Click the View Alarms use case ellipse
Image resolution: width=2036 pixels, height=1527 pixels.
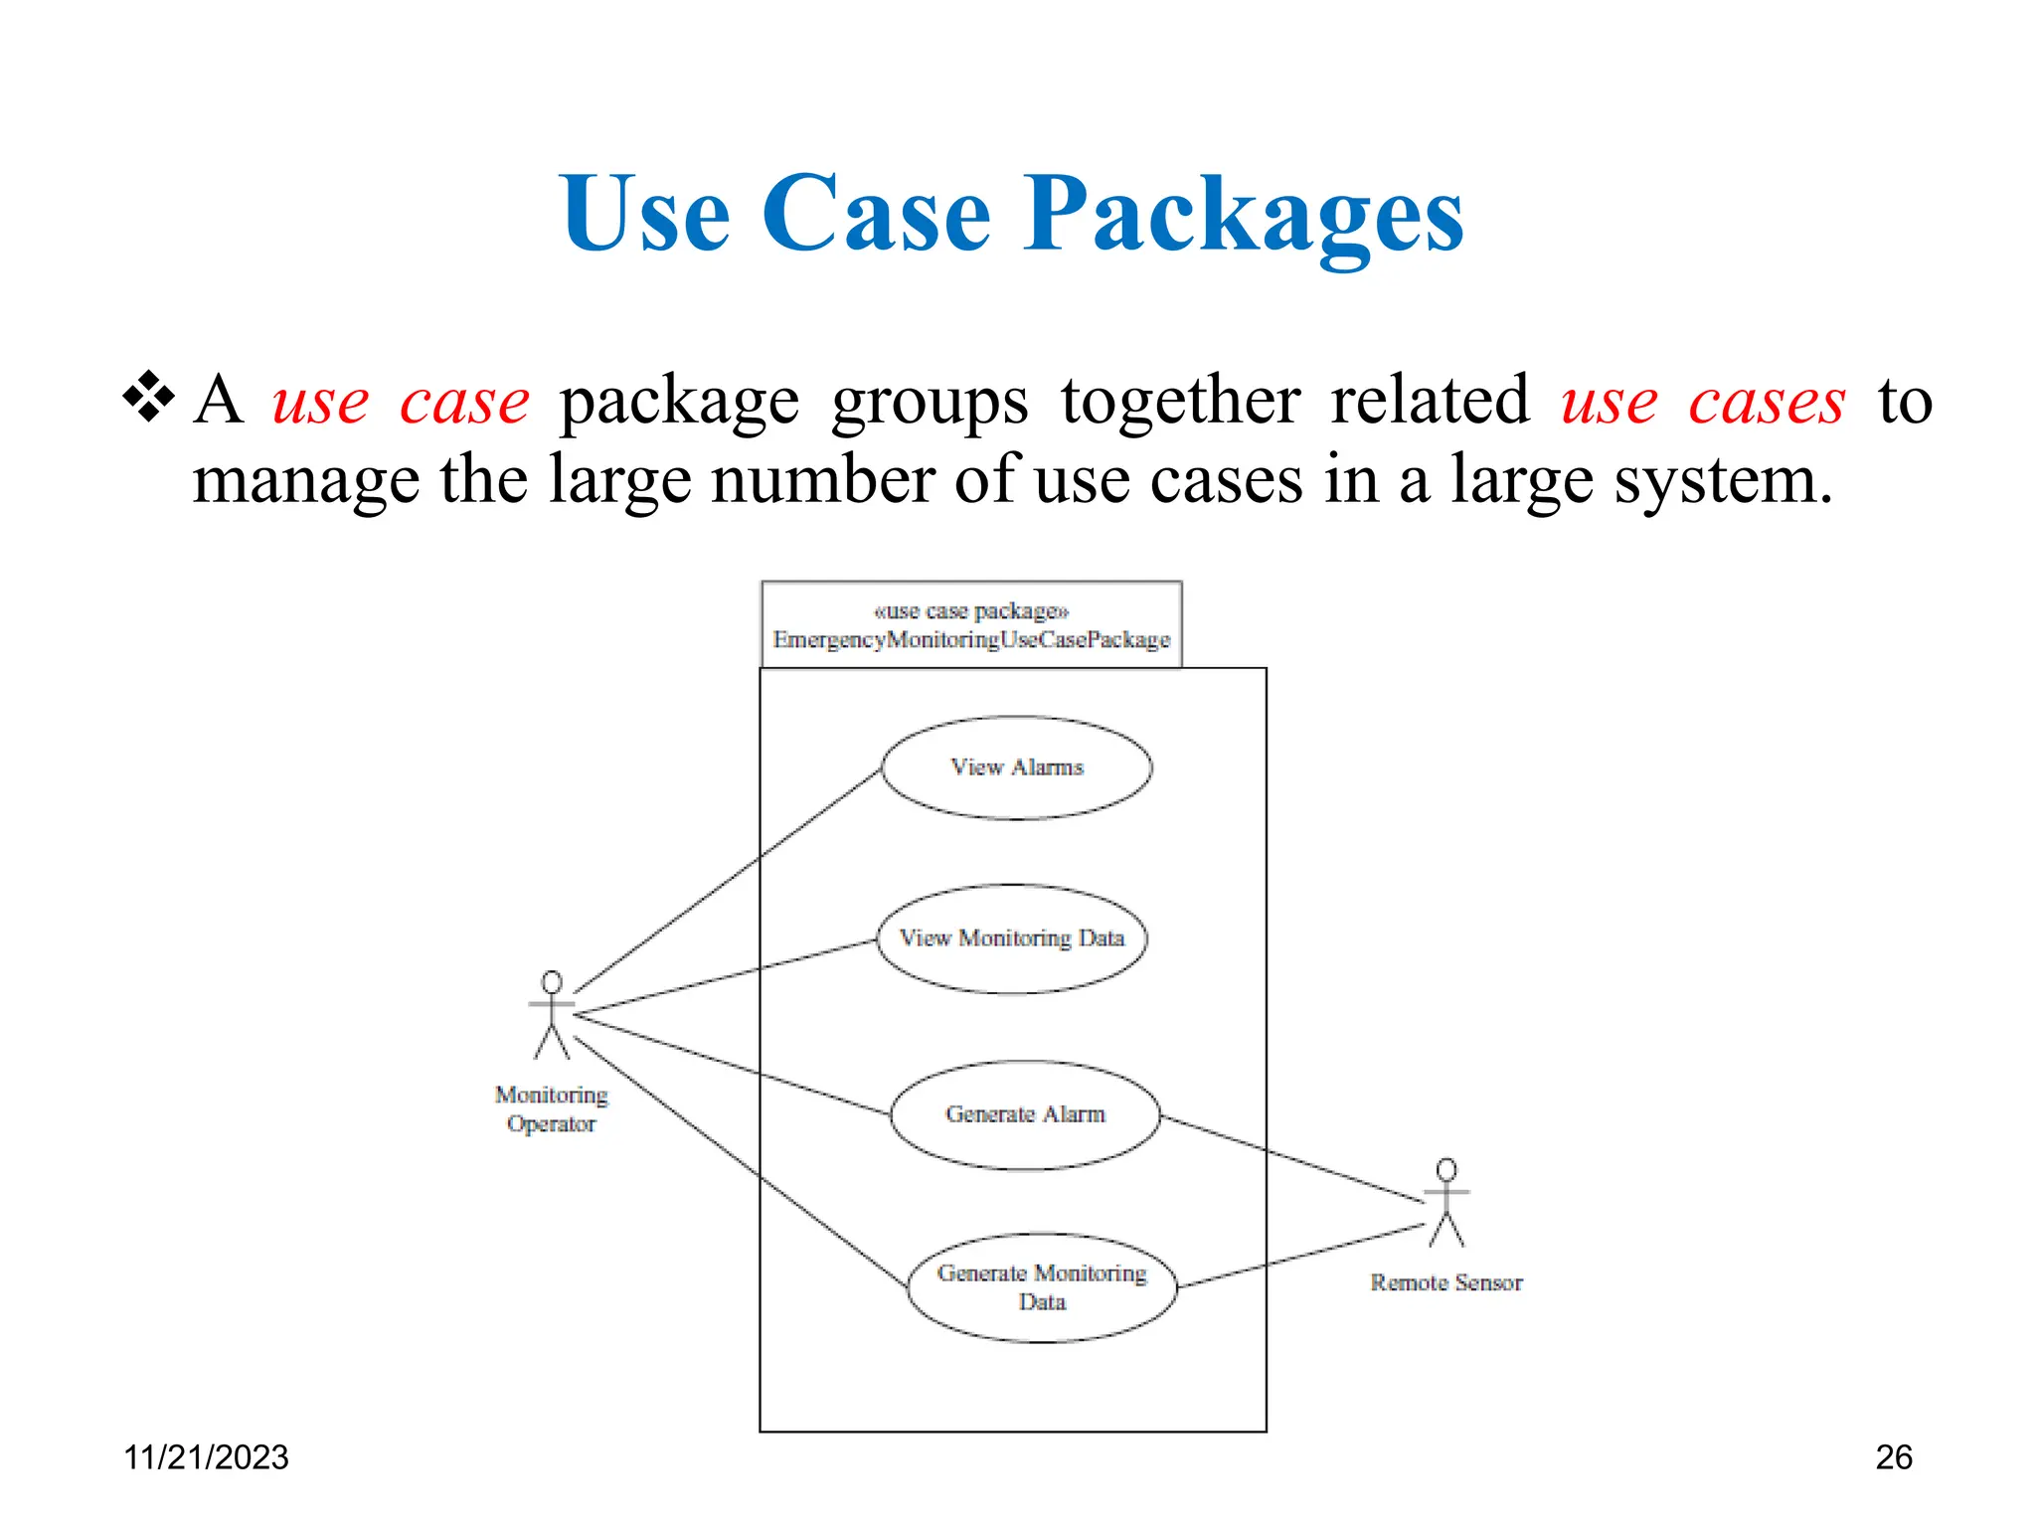(x=1016, y=767)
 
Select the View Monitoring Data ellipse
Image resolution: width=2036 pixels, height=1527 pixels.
(x=1011, y=938)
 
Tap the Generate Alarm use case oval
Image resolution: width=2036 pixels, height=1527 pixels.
(x=1025, y=1114)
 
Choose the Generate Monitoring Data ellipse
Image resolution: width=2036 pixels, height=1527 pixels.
(x=1042, y=1287)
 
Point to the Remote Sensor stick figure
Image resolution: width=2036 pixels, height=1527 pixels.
(x=1446, y=1203)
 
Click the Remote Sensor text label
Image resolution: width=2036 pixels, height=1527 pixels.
(x=1446, y=1282)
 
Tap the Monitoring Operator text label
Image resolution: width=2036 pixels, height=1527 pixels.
(x=552, y=1109)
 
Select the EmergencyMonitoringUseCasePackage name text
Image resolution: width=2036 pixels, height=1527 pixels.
(x=971, y=639)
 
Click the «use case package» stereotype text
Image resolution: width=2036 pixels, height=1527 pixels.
(x=971, y=610)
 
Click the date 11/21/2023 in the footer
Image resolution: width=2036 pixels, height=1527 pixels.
(x=206, y=1457)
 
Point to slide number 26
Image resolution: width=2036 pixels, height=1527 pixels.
(x=1894, y=1457)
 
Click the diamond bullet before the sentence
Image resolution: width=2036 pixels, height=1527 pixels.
(x=148, y=397)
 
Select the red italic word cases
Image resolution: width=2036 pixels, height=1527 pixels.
(x=1767, y=402)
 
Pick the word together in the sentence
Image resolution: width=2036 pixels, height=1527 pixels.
(x=1180, y=402)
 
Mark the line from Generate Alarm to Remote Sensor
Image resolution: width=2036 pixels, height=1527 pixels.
(x=1292, y=1159)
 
